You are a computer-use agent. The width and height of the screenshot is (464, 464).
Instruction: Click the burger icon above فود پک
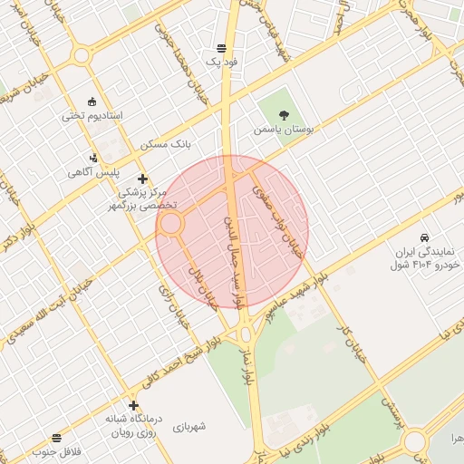pos(223,48)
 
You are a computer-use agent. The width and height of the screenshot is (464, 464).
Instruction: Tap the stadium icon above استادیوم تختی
pos(92,101)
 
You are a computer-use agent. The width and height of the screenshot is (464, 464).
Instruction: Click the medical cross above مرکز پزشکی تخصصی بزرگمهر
pos(141,179)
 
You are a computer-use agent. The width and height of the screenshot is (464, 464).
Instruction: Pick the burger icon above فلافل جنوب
pos(56,438)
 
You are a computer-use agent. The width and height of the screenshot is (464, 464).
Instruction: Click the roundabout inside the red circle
pos(171,224)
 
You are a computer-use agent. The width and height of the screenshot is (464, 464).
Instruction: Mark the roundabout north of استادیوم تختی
pos(82,55)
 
